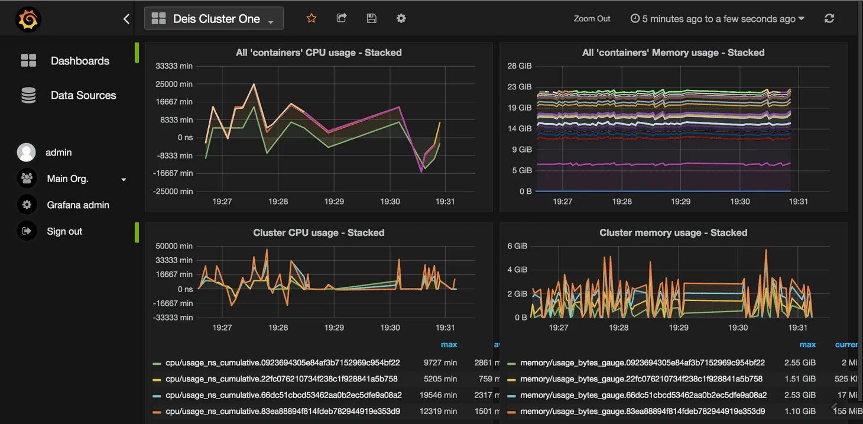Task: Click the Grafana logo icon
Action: click(x=28, y=20)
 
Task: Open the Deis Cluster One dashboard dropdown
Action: click(x=213, y=19)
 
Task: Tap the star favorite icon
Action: click(x=312, y=18)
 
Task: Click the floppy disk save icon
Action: click(x=371, y=18)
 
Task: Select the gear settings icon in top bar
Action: click(x=401, y=18)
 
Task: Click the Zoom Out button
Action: click(x=592, y=19)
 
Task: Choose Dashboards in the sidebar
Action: click(x=80, y=61)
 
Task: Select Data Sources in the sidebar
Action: click(x=83, y=95)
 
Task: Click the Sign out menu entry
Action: click(x=64, y=231)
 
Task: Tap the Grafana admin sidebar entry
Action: click(x=78, y=205)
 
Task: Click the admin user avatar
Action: click(x=27, y=153)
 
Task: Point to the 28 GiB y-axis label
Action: click(x=520, y=66)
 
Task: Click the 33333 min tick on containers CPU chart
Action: click(x=174, y=66)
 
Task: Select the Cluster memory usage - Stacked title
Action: click(x=673, y=233)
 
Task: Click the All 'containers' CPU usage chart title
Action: click(x=319, y=53)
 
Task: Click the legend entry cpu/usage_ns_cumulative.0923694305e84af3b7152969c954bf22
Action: click(x=283, y=362)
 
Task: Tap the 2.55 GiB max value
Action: click(x=800, y=362)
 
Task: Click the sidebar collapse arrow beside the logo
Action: click(x=126, y=19)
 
